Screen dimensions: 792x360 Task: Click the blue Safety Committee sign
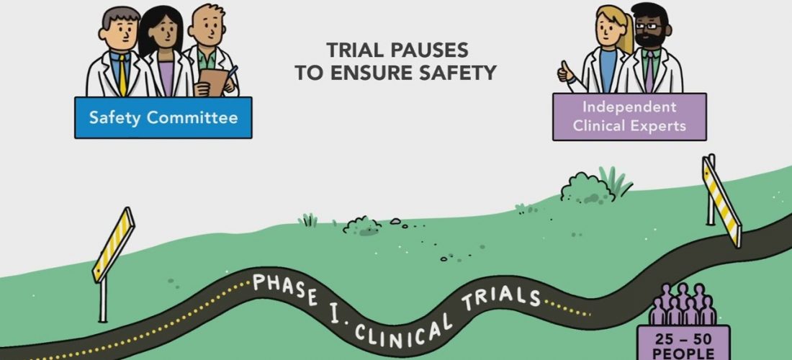tap(163, 117)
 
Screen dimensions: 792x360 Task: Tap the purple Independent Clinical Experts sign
tap(629, 117)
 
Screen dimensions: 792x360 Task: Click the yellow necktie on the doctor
tap(122, 75)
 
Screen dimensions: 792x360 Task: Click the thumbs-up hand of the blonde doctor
tap(566, 73)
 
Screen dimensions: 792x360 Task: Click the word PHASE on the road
tap(285, 288)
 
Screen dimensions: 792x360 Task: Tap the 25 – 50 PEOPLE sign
tap(683, 342)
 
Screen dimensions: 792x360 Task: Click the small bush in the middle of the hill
tap(361, 225)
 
